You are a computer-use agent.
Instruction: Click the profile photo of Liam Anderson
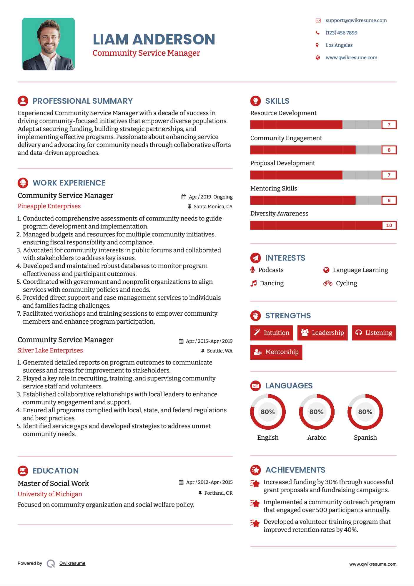pos(49,44)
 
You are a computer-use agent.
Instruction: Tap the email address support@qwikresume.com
pos(356,20)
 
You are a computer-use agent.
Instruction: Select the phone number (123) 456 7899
pos(341,33)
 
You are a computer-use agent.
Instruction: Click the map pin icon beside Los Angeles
pos(317,45)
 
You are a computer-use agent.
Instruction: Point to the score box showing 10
pos(389,225)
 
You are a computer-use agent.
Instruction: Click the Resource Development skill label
pos(283,113)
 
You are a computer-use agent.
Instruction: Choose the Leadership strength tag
pos(322,333)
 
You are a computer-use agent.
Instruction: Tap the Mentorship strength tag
pos(276,352)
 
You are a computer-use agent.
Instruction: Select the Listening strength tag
pos(374,333)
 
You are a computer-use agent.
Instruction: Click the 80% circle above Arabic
pos(317,412)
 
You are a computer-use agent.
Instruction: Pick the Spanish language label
pos(365,438)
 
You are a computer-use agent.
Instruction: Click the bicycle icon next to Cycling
pos(327,283)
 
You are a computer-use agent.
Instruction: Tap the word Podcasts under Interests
pos(271,270)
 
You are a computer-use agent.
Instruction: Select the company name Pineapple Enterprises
pos(49,206)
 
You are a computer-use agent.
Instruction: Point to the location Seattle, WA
pos(220,351)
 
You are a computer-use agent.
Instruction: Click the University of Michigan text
pos(50,494)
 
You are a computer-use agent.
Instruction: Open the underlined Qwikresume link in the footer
pos(72,563)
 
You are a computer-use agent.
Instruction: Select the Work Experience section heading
pos(69,183)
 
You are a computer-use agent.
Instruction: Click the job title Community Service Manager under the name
pos(146,53)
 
